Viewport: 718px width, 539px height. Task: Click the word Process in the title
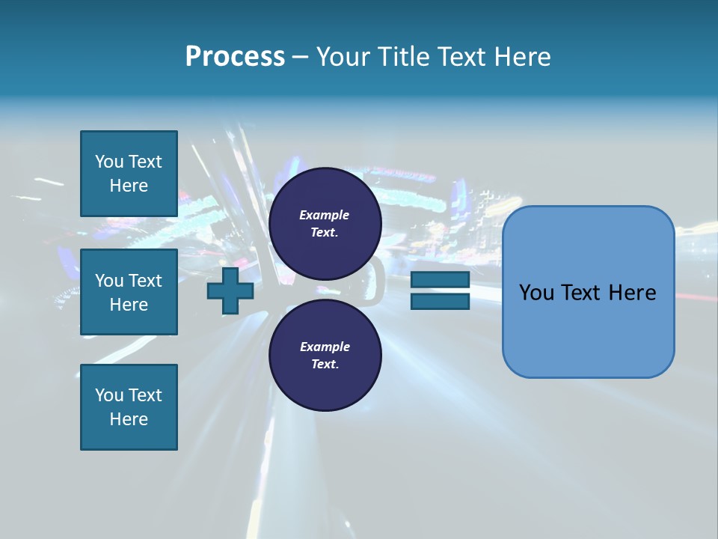click(235, 57)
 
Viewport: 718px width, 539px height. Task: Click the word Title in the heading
click(402, 57)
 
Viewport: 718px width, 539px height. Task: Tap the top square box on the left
click(129, 174)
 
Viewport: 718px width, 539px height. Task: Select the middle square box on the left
click(129, 292)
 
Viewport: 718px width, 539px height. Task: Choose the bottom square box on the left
click(129, 407)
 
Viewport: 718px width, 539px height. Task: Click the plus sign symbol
click(230, 292)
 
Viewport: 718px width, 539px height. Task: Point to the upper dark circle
click(325, 223)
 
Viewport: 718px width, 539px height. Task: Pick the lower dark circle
click(325, 355)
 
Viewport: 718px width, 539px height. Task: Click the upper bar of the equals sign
click(440, 280)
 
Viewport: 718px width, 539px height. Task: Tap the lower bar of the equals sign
click(440, 302)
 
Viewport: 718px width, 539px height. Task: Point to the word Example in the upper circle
click(325, 215)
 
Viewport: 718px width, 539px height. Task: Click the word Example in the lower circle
click(325, 347)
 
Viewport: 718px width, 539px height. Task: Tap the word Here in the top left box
click(129, 186)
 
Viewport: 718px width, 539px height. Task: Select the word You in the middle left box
click(109, 281)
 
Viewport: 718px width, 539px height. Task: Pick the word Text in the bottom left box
click(145, 395)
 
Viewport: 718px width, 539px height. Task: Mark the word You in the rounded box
click(537, 293)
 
